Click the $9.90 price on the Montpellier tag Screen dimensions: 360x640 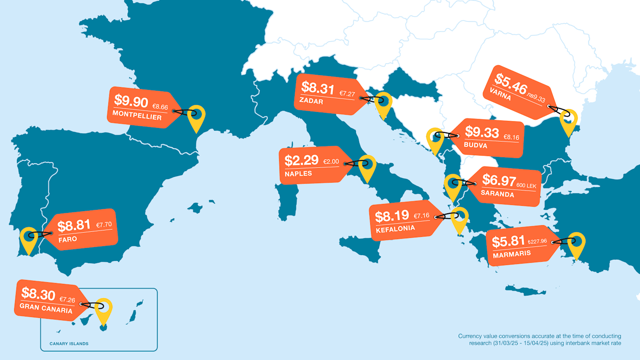(131, 101)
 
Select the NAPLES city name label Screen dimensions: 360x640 (298, 173)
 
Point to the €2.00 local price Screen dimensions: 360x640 (331, 162)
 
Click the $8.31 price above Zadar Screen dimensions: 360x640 (317, 88)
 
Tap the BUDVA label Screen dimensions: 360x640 (475, 145)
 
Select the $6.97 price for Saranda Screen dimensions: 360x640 (499, 180)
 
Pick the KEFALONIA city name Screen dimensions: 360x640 (395, 228)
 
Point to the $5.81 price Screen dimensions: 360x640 (508, 241)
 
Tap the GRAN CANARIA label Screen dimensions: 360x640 (46, 308)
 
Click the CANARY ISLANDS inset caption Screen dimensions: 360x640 (69, 344)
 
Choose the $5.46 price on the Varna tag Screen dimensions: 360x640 (511, 82)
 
